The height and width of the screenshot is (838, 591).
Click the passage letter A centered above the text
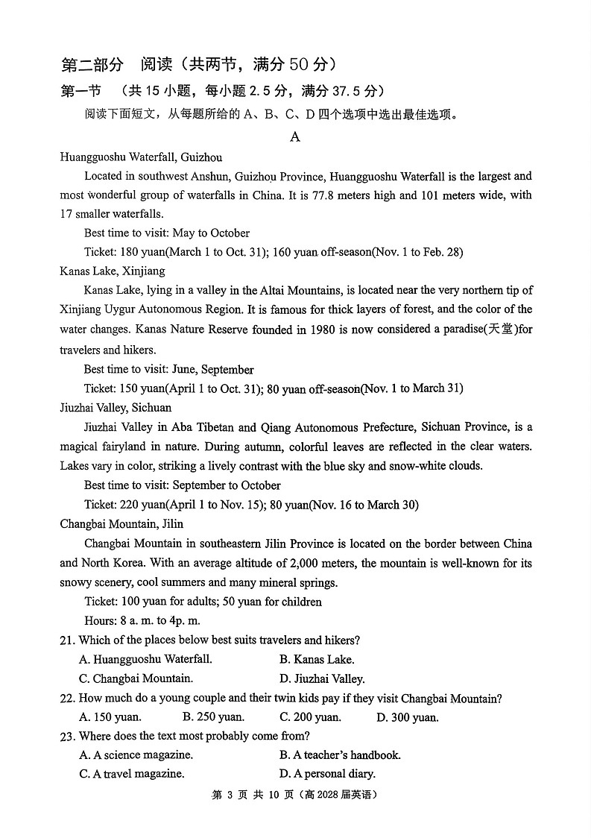(x=295, y=136)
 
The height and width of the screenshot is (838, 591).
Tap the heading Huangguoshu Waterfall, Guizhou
(x=141, y=157)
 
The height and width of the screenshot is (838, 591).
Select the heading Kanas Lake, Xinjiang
(x=113, y=271)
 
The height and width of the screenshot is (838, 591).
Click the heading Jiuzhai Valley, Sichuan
(x=116, y=407)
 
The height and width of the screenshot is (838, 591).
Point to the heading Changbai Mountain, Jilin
(x=121, y=523)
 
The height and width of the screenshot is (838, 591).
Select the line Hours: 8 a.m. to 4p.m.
(x=142, y=620)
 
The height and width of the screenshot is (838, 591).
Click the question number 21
(x=67, y=640)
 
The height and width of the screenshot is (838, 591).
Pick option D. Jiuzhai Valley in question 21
(x=322, y=678)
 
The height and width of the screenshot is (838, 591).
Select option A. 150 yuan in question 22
(x=110, y=717)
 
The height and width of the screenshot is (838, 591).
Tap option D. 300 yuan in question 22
(x=407, y=717)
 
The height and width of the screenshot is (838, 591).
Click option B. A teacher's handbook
(x=340, y=754)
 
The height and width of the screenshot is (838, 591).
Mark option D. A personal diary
(x=327, y=774)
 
